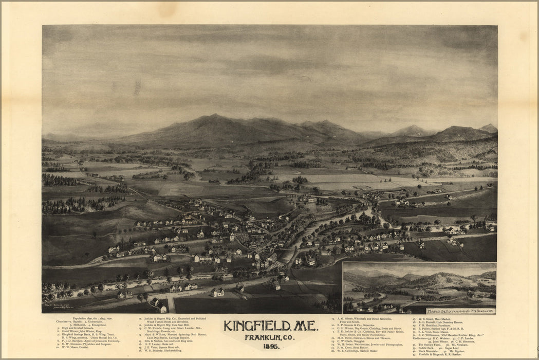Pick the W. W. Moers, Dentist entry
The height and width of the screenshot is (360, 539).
(72, 347)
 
